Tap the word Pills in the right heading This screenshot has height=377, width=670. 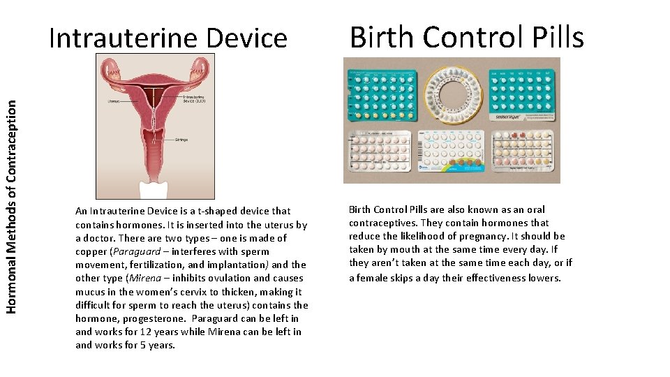pyautogui.click(x=556, y=37)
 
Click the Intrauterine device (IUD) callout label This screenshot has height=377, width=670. pyautogui.click(x=195, y=98)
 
